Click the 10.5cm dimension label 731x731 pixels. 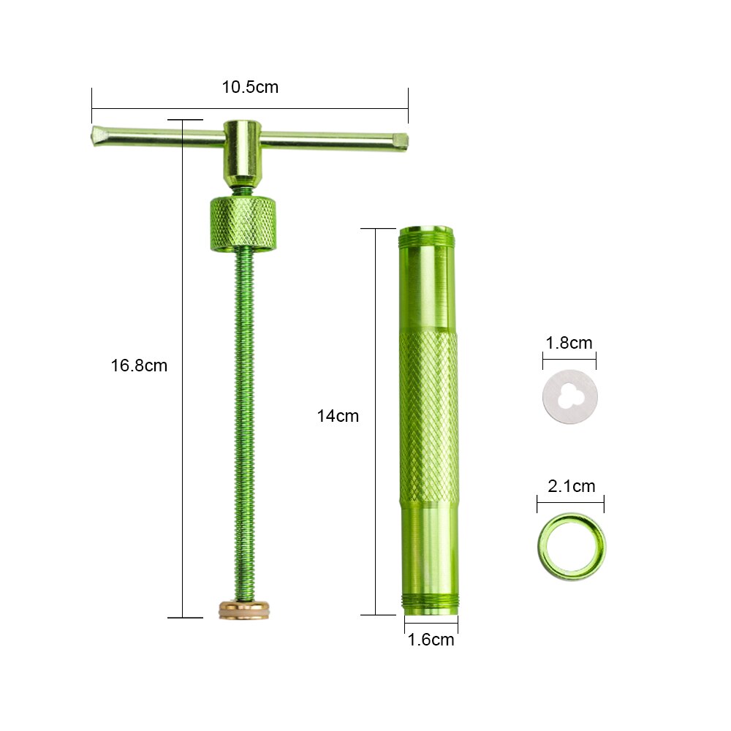pyautogui.click(x=250, y=87)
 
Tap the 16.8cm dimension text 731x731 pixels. pyautogui.click(x=139, y=365)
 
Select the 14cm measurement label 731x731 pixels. pyautogui.click(x=338, y=416)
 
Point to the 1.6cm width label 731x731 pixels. pyautogui.click(x=431, y=640)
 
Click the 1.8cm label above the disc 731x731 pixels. pyautogui.click(x=569, y=343)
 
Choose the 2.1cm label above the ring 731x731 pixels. pyautogui.click(x=571, y=486)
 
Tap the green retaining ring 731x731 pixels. pyautogui.click(x=572, y=547)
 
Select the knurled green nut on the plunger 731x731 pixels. pyautogui.click(x=244, y=224)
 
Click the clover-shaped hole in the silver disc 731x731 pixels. pyautogui.click(x=567, y=395)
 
